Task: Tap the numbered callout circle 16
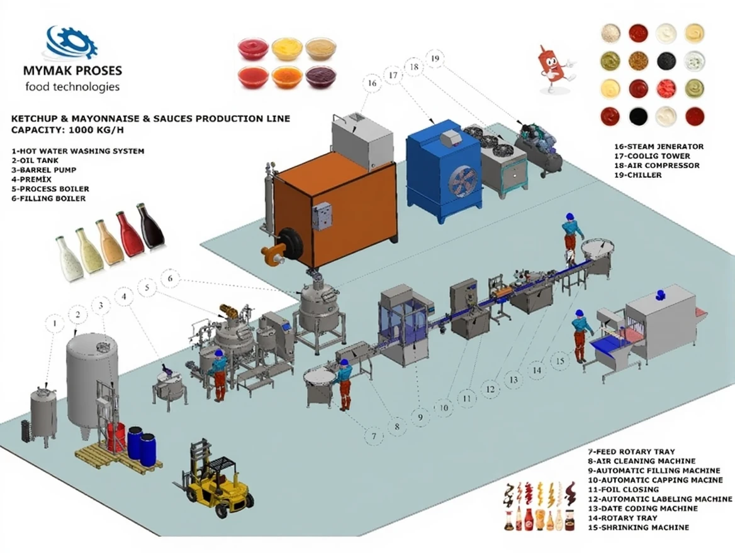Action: (x=371, y=83)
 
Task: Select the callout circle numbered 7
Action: (x=374, y=435)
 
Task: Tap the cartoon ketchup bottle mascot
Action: (x=554, y=68)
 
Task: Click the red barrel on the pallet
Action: (x=116, y=437)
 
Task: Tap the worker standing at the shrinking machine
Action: (x=581, y=336)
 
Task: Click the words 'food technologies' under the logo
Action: (x=72, y=87)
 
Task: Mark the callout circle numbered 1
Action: (x=55, y=324)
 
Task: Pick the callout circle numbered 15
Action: (x=559, y=361)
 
